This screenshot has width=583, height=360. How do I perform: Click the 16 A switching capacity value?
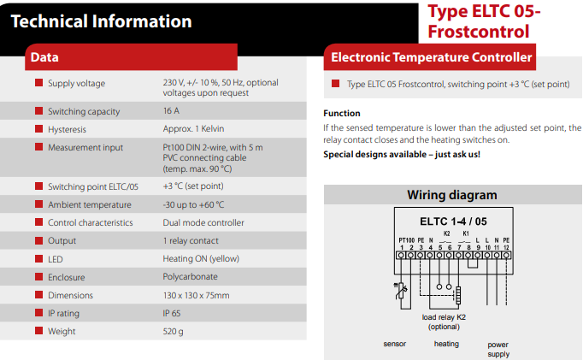pyautogui.click(x=171, y=111)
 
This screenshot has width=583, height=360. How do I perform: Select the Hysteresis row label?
pyautogui.click(x=67, y=129)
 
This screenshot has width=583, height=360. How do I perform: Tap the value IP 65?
pyautogui.click(x=172, y=313)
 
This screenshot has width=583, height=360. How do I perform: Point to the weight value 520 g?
pyautogui.click(x=173, y=332)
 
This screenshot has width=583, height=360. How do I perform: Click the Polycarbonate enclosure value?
pyautogui.click(x=190, y=277)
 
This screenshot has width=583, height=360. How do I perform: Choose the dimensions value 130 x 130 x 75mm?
pyautogui.click(x=196, y=295)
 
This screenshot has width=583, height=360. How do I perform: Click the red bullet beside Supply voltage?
pyautogui.click(x=38, y=83)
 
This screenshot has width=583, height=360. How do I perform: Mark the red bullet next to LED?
pyautogui.click(x=38, y=258)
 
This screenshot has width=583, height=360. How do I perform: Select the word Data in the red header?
pyautogui.click(x=44, y=57)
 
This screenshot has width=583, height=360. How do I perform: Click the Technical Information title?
pyautogui.click(x=101, y=21)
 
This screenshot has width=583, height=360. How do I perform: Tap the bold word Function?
pyautogui.click(x=342, y=113)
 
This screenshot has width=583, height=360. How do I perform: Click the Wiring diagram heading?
pyautogui.click(x=451, y=195)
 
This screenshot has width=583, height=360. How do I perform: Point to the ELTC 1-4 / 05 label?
pyautogui.click(x=453, y=221)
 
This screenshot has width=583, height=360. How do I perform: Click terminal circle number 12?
pyautogui.click(x=506, y=256)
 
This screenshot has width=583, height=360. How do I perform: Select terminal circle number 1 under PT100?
pyautogui.click(x=401, y=256)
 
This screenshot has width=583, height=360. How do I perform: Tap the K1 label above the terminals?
pyautogui.click(x=466, y=233)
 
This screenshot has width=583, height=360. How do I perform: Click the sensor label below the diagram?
pyautogui.click(x=394, y=344)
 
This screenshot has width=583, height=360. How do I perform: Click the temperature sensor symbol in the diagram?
pyautogui.click(x=400, y=292)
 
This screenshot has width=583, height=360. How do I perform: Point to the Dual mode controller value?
pyautogui.click(x=203, y=223)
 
